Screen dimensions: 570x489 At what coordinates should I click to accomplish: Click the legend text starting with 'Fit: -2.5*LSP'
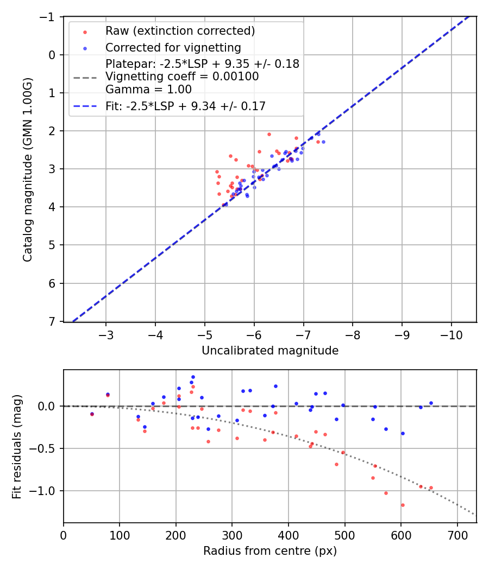click(x=185, y=106)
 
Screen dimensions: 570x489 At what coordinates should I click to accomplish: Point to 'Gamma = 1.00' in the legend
click(x=148, y=89)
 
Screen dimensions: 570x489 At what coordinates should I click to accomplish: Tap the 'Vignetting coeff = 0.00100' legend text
click(x=182, y=77)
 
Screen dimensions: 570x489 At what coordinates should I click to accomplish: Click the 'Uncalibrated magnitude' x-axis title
click(x=270, y=351)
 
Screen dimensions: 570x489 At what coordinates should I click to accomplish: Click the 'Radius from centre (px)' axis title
click(x=270, y=551)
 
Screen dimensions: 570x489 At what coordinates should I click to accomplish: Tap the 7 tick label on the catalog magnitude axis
click(x=53, y=321)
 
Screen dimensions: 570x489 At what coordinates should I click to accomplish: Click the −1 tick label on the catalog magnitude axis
click(x=49, y=17)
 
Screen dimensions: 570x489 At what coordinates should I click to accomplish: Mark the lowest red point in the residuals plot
click(x=403, y=505)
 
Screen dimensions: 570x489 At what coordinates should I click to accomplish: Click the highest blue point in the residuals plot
click(x=193, y=377)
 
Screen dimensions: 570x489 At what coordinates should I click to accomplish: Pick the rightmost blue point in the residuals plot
click(x=431, y=403)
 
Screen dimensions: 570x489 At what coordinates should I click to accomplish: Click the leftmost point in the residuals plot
click(x=92, y=414)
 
